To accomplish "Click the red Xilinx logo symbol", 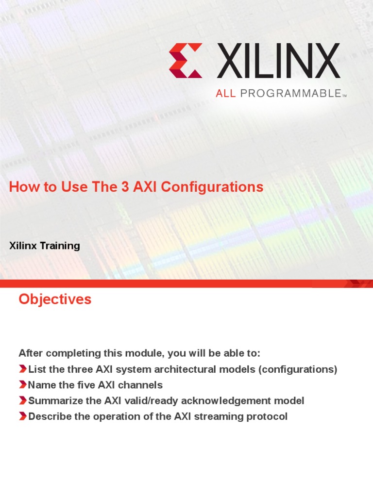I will pos(186,60).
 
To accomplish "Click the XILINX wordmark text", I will pos(278,60).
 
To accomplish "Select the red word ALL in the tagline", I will pos(225,94).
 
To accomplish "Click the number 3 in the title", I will pos(127,187).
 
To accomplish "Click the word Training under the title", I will pos(60,246).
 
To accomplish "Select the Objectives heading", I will pos(55,299).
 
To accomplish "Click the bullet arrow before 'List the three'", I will pos(23,369).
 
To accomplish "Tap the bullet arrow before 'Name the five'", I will pos(23,385).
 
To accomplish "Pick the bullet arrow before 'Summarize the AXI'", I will pos(23,400).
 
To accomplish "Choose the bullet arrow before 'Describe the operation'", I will pos(23,416).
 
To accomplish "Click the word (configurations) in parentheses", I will pos(298,369).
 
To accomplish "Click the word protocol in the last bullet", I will pos(266,416).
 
